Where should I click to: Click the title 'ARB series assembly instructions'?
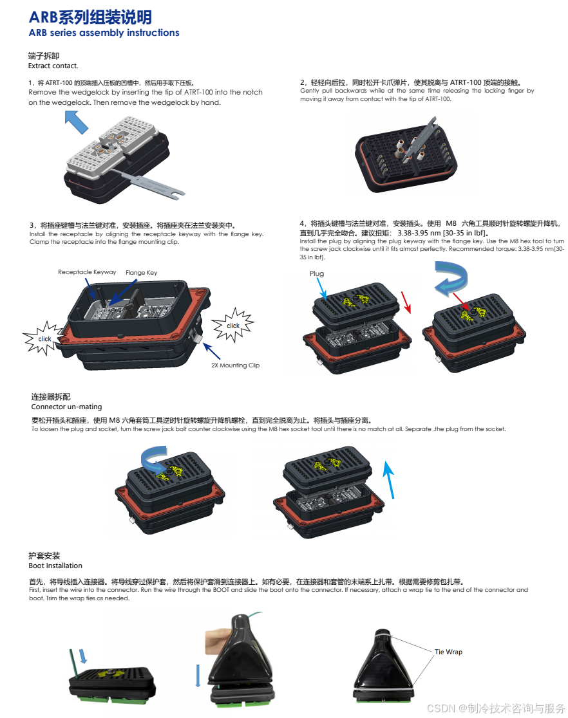104,33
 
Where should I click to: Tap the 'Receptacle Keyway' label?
87,272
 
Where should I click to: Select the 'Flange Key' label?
141,272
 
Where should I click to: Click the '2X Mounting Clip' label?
235,365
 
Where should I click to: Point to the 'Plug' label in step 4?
317,274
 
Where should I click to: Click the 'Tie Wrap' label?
448,652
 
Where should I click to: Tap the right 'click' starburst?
233,326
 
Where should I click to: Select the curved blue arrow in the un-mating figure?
153,458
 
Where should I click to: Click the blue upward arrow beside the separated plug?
389,479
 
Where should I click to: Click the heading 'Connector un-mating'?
66,407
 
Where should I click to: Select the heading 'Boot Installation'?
55,566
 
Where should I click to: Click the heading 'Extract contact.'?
53,66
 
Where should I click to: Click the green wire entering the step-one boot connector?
73,662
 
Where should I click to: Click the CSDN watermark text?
496,708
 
